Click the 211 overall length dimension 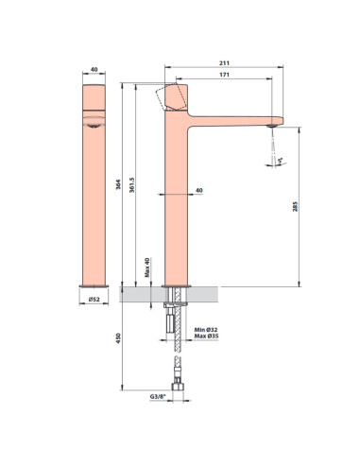[x=225, y=63]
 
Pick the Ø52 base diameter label [x=93, y=301]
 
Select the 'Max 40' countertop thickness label [x=146, y=269]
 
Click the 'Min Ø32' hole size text [x=206, y=330]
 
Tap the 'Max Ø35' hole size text [x=206, y=337]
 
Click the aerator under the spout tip [x=273, y=124]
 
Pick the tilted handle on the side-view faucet [x=174, y=96]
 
